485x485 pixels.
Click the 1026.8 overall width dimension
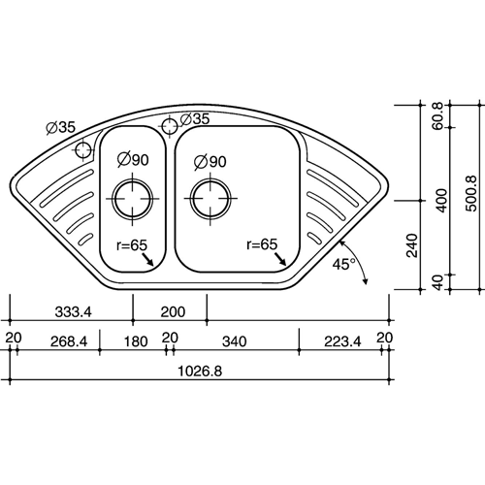pyautogui.click(x=200, y=372)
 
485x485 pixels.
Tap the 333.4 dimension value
pyautogui.click(x=74, y=312)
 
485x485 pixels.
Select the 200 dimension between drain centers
pyautogui.click(x=173, y=312)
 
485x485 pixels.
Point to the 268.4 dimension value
pyautogui.click(x=69, y=341)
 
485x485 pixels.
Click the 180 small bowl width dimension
pyautogui.click(x=136, y=341)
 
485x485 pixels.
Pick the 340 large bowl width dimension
pyautogui.click(x=235, y=341)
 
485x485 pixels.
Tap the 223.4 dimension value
pyautogui.click(x=342, y=341)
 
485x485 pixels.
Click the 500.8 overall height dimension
pyautogui.click(x=472, y=194)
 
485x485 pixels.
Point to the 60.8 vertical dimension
pyautogui.click(x=438, y=115)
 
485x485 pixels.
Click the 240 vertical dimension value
pyautogui.click(x=412, y=245)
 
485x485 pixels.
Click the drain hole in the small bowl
pyautogui.click(x=133, y=198)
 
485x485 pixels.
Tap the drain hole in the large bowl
pyautogui.click(x=210, y=198)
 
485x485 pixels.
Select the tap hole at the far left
pyautogui.click(x=83, y=150)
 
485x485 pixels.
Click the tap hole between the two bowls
pyautogui.click(x=170, y=126)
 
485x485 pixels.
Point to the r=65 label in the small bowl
pyautogui.click(x=132, y=245)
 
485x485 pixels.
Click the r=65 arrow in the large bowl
pyautogui.click(x=280, y=259)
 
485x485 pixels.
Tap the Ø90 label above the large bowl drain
pyautogui.click(x=210, y=162)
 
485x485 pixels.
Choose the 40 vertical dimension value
pyautogui.click(x=438, y=282)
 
